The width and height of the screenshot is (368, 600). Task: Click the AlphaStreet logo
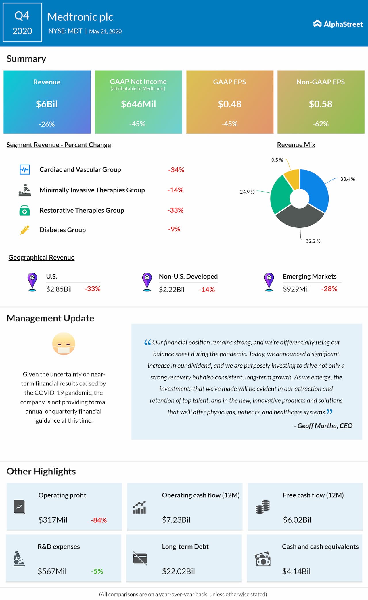tap(338, 24)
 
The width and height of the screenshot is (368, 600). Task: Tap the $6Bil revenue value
tap(47, 104)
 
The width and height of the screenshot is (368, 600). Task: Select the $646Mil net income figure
tap(138, 104)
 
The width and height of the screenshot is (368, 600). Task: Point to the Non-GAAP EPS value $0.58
tap(321, 104)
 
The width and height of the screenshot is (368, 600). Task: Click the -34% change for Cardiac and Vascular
tap(176, 170)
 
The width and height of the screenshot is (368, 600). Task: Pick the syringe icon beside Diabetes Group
tap(25, 230)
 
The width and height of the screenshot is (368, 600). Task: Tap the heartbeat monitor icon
tap(25, 169)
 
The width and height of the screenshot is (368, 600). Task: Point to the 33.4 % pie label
tap(347, 179)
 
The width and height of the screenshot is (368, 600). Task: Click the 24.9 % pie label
tap(247, 192)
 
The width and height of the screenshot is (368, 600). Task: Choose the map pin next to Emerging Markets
tap(269, 282)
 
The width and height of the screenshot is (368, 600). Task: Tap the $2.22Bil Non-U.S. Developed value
tap(172, 290)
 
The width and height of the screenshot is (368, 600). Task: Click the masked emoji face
tap(64, 344)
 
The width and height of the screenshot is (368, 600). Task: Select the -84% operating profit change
tap(99, 520)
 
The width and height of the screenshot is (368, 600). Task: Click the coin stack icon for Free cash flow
tap(262, 507)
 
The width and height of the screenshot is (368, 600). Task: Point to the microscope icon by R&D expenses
tap(19, 559)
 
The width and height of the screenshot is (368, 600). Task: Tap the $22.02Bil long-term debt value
tap(178, 571)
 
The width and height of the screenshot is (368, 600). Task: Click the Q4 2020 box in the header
tap(22, 23)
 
